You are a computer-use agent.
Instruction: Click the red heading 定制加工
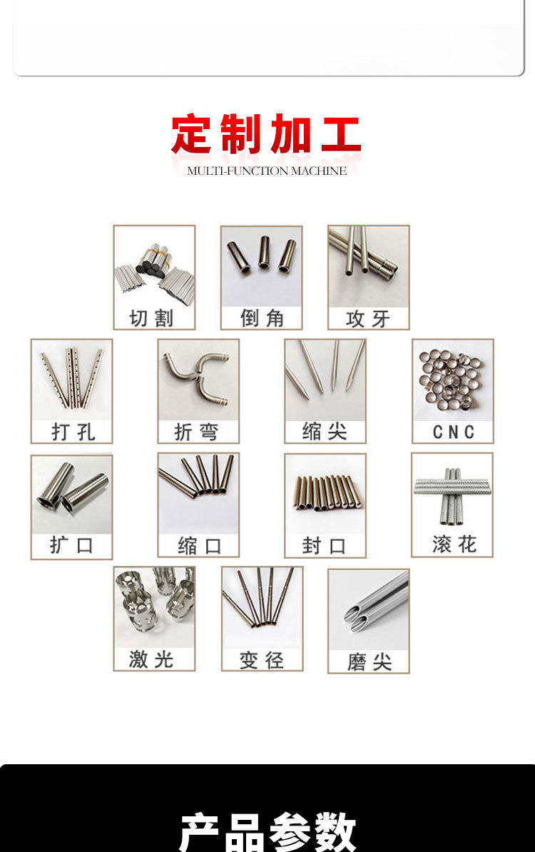pyautogui.click(x=266, y=136)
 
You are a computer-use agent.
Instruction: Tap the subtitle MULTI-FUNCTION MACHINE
pyautogui.click(x=267, y=171)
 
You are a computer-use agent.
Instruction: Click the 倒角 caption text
pyautogui.click(x=262, y=318)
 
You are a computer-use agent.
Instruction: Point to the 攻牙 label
pyautogui.click(x=368, y=319)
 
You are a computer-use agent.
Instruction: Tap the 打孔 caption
pyautogui.click(x=73, y=432)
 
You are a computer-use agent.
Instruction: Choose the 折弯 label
pyautogui.click(x=197, y=432)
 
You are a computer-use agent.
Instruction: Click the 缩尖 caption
pyautogui.click(x=325, y=432)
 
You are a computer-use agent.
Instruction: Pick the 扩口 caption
pyautogui.click(x=71, y=546)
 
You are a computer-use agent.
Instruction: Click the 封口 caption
pyautogui.click(x=325, y=547)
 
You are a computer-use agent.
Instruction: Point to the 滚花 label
pyautogui.click(x=453, y=545)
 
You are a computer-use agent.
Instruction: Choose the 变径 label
pyautogui.click(x=262, y=661)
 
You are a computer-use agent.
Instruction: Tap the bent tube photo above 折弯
pyautogui.click(x=198, y=378)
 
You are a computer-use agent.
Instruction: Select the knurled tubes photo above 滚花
pyautogui.click(x=452, y=492)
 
